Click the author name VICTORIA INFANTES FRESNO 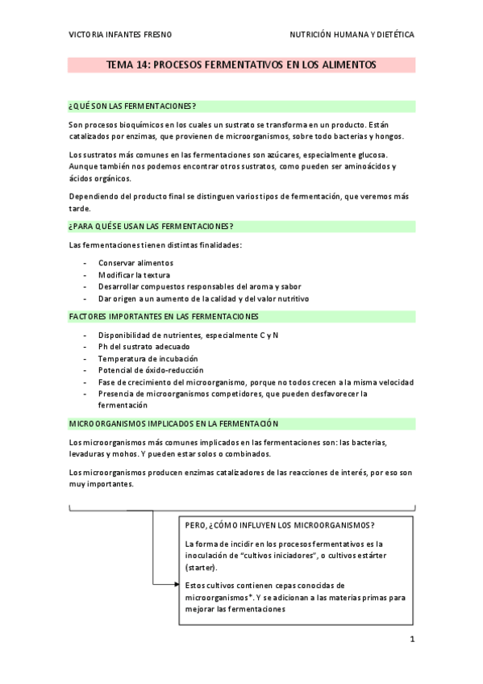click(x=120, y=35)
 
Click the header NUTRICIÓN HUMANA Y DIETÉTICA click(x=352, y=35)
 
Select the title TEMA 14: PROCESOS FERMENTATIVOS click(x=241, y=65)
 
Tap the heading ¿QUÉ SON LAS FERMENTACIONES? click(x=133, y=106)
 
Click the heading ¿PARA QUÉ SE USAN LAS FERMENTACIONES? click(x=152, y=226)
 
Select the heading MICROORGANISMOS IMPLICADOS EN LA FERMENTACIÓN click(x=173, y=423)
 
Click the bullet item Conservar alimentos click(x=135, y=263)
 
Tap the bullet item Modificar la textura click(x=134, y=275)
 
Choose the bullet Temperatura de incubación click(x=148, y=358)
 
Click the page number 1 click(x=411, y=640)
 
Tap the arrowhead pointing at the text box click(x=174, y=583)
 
